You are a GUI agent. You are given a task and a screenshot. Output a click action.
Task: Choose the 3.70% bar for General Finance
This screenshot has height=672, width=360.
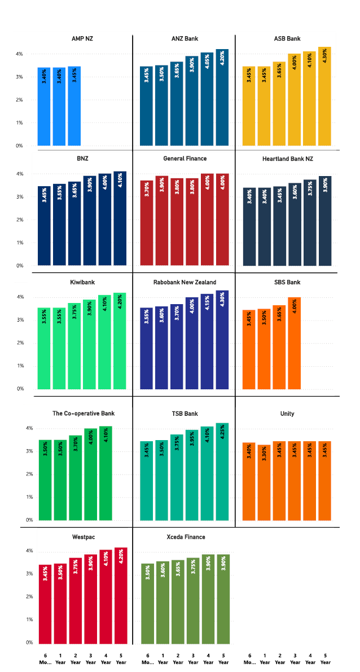click(x=146, y=223)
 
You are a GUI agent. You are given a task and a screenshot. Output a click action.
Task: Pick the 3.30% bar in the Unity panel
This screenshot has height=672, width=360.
click(x=264, y=482)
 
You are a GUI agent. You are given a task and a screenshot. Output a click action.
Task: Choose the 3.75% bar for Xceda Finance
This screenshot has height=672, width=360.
click(x=192, y=600)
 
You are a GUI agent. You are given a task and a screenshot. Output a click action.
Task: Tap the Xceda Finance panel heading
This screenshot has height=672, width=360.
click(x=185, y=537)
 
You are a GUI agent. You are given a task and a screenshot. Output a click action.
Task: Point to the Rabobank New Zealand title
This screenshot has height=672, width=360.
click(x=185, y=282)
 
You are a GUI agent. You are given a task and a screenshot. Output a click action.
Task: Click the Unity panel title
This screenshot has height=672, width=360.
click(x=287, y=414)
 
